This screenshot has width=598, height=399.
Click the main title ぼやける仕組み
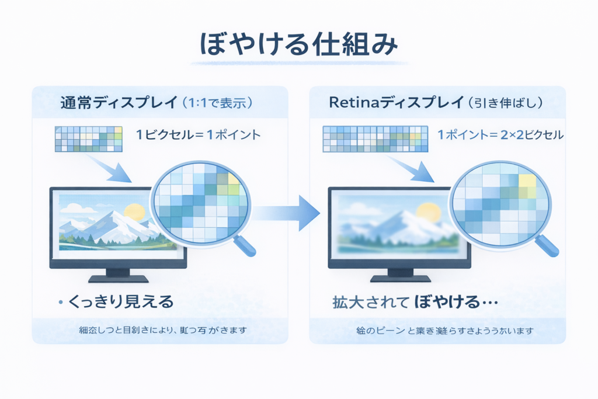pyautogui.click(x=298, y=46)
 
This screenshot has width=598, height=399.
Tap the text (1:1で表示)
pyautogui.click(x=217, y=103)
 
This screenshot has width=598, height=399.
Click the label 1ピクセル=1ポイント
pyautogui.click(x=199, y=135)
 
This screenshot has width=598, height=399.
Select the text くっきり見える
pyautogui.click(x=121, y=301)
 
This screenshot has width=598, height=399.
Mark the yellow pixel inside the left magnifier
pyautogui.click(x=233, y=178)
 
